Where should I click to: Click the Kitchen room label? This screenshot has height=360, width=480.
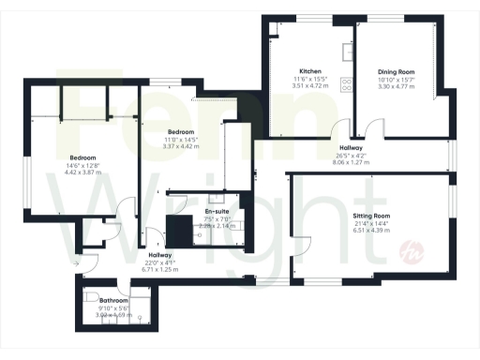click(x=311, y=71)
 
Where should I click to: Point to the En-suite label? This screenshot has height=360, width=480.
click(x=218, y=212)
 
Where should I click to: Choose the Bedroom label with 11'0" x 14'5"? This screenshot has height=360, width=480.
click(x=181, y=132)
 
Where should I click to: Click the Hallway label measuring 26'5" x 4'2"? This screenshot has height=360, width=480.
click(x=352, y=148)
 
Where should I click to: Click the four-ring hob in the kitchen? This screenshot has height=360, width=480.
click(x=346, y=85)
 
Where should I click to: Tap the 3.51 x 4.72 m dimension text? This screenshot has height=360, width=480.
click(x=311, y=86)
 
